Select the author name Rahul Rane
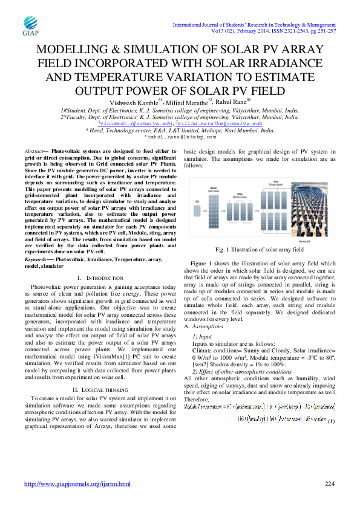click(233, 102)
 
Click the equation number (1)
click(330, 404)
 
